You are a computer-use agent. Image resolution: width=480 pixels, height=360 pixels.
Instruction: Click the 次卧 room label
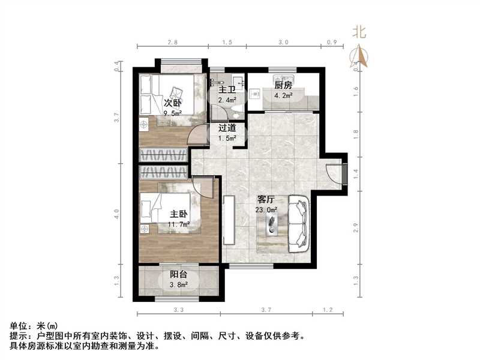pos(173,103)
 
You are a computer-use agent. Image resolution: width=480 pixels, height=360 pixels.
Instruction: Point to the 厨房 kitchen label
pos(283,85)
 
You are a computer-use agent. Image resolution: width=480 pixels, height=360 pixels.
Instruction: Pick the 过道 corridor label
pos(227,128)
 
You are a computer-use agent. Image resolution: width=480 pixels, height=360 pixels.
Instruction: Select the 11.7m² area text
pos(179,224)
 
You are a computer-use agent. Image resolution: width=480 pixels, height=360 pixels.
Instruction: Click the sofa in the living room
pos(298,223)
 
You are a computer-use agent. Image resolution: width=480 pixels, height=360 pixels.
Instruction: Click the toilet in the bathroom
pos(238,107)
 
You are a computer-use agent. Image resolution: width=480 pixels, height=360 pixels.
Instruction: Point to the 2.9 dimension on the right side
pos(356,227)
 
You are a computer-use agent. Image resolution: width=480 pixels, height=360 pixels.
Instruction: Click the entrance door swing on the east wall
pos(333,172)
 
